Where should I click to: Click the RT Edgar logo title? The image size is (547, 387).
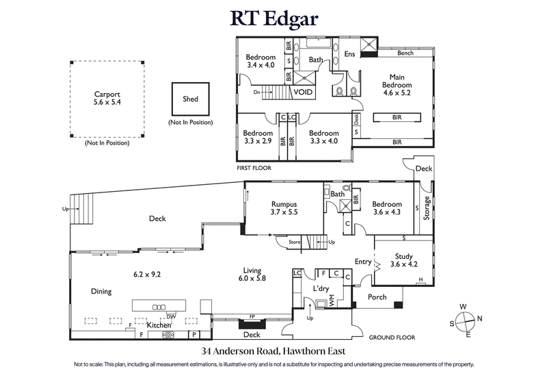pyautogui.click(x=273, y=18)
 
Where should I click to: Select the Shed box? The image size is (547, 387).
pyautogui.click(x=190, y=99)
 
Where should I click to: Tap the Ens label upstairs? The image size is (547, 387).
pyautogui.click(x=350, y=54)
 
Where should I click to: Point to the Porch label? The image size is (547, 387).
pyautogui.click(x=377, y=297)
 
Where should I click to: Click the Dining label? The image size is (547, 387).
pyautogui.click(x=101, y=291)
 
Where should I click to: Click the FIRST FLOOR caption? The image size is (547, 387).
pyautogui.click(x=254, y=167)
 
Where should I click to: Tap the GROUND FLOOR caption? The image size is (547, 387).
pyautogui.click(x=392, y=338)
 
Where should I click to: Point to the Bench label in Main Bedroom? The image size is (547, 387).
pyautogui.click(x=405, y=53)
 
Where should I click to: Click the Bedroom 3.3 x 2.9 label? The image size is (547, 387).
pyautogui.click(x=258, y=137)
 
